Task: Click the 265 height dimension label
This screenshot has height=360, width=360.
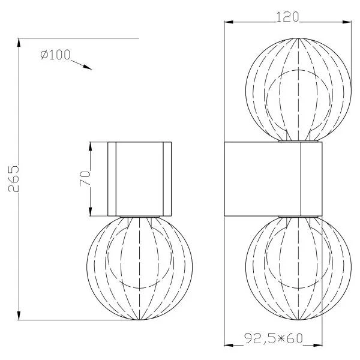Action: click(13, 178)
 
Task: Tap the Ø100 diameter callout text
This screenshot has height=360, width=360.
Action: click(55, 55)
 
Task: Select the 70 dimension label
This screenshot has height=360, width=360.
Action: click(85, 178)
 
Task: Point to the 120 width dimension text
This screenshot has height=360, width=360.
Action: click(287, 17)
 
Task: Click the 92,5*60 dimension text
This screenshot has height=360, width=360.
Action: click(273, 338)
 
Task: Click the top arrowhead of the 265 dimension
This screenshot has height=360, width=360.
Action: click(19, 43)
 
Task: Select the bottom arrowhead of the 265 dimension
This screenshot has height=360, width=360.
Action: click(19, 315)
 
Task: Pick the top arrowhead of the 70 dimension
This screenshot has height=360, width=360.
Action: click(90, 146)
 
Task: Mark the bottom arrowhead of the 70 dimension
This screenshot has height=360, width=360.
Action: click(90, 211)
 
